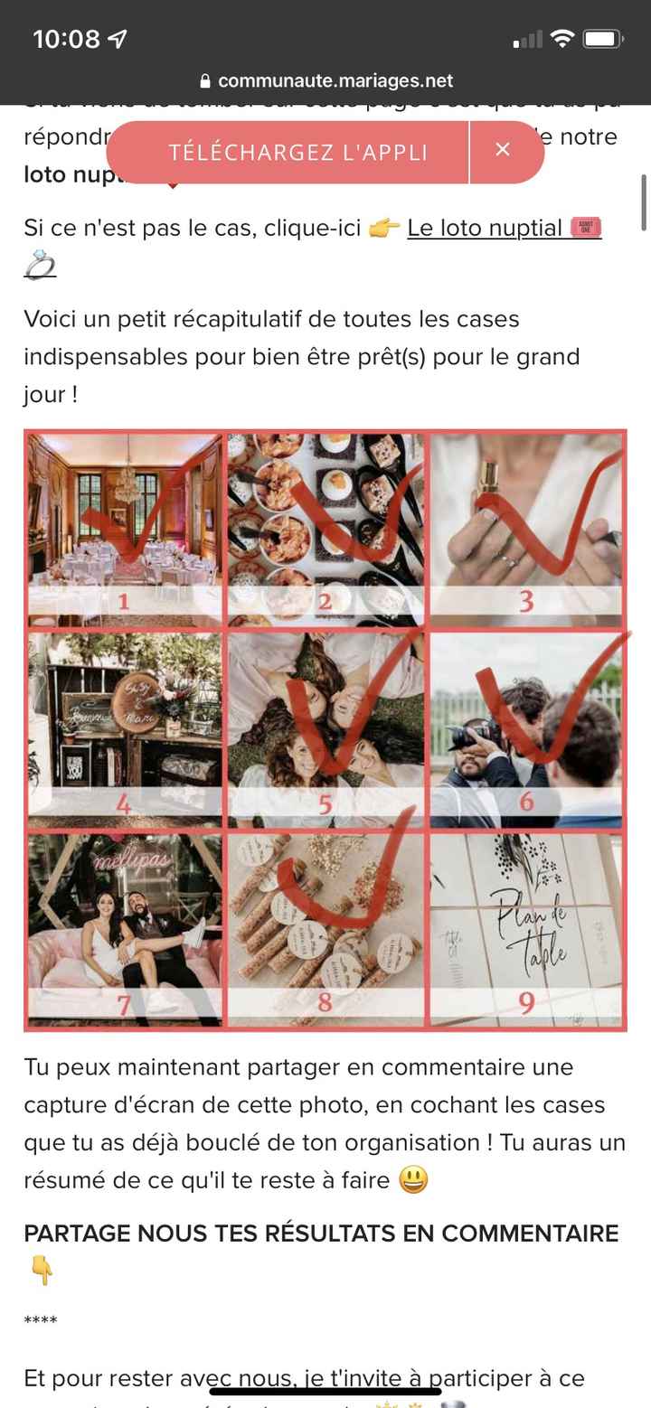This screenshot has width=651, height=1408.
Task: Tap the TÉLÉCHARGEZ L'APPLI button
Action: coord(297,152)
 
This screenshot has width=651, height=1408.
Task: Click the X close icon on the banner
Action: coord(503,150)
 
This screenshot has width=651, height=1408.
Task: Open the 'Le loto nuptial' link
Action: coord(485,228)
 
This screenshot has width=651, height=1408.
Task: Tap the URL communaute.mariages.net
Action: coord(335,80)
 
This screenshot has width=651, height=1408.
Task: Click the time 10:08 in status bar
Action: coord(66,39)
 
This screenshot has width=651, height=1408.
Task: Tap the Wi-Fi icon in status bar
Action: coord(562,39)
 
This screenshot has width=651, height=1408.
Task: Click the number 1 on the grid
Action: coord(124,602)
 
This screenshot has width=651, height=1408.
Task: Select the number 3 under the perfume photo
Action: coord(526,601)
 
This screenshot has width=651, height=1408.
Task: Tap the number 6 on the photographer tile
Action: coord(526,801)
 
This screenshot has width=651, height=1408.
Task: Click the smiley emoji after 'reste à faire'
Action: coord(413,1180)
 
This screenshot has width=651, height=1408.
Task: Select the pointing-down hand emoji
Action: coord(41,1272)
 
